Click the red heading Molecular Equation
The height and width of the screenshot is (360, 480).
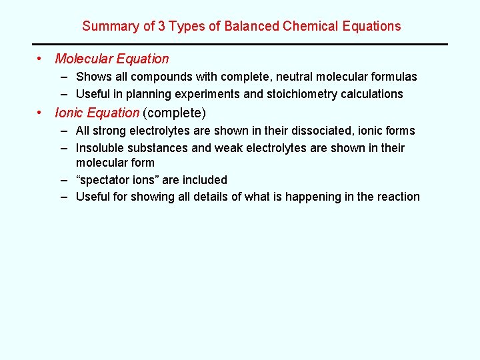click(111, 59)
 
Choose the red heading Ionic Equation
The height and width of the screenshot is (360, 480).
click(97, 113)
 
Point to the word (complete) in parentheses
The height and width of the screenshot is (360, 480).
click(175, 113)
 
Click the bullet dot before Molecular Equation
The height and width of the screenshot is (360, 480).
click(41, 59)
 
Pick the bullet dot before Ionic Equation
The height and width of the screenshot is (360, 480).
click(41, 113)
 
